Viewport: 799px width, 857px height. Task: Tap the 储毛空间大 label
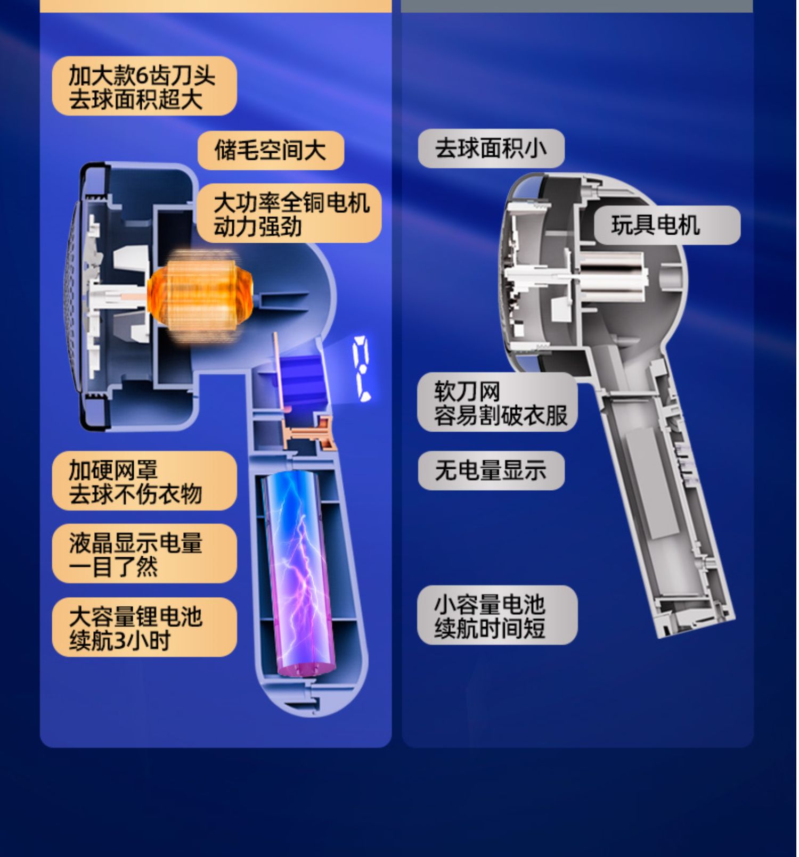(x=271, y=150)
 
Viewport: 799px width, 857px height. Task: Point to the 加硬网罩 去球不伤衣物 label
(x=144, y=481)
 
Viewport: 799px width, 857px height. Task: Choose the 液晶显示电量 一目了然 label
(x=144, y=554)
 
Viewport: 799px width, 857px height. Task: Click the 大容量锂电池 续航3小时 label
(x=144, y=627)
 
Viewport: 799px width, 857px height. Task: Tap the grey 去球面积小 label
(x=491, y=149)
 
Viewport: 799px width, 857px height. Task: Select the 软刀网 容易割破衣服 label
(x=498, y=402)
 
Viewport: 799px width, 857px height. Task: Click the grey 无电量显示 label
(x=491, y=471)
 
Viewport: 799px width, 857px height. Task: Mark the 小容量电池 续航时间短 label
(x=498, y=615)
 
